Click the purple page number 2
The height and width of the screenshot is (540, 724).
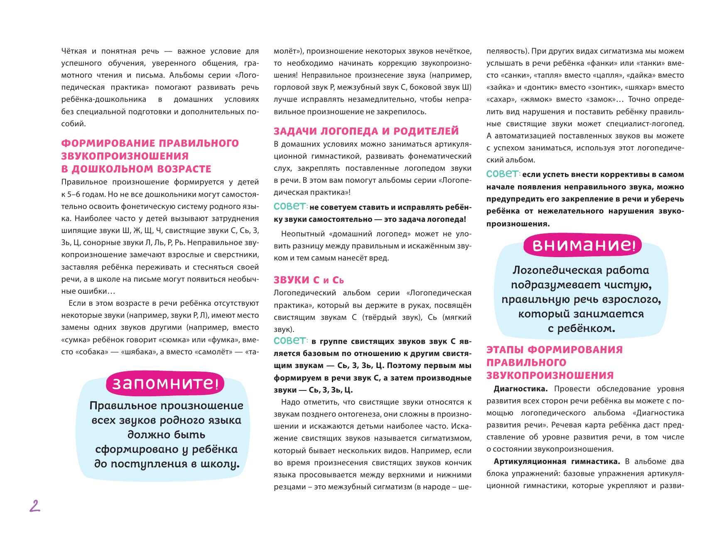pyautogui.click(x=35, y=506)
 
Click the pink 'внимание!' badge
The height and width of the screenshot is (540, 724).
pyautogui.click(x=583, y=245)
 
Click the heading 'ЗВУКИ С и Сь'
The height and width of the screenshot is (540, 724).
pyautogui.click(x=309, y=280)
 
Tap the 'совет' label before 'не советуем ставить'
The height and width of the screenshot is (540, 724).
pyautogui.click(x=290, y=206)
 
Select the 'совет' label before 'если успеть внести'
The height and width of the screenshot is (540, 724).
pyautogui.click(x=503, y=174)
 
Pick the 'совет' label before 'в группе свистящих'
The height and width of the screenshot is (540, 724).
pyautogui.click(x=290, y=341)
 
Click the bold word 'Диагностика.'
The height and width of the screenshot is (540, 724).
pyautogui.click(x=520, y=389)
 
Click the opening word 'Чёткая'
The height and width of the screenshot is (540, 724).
pyautogui.click(x=74, y=51)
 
